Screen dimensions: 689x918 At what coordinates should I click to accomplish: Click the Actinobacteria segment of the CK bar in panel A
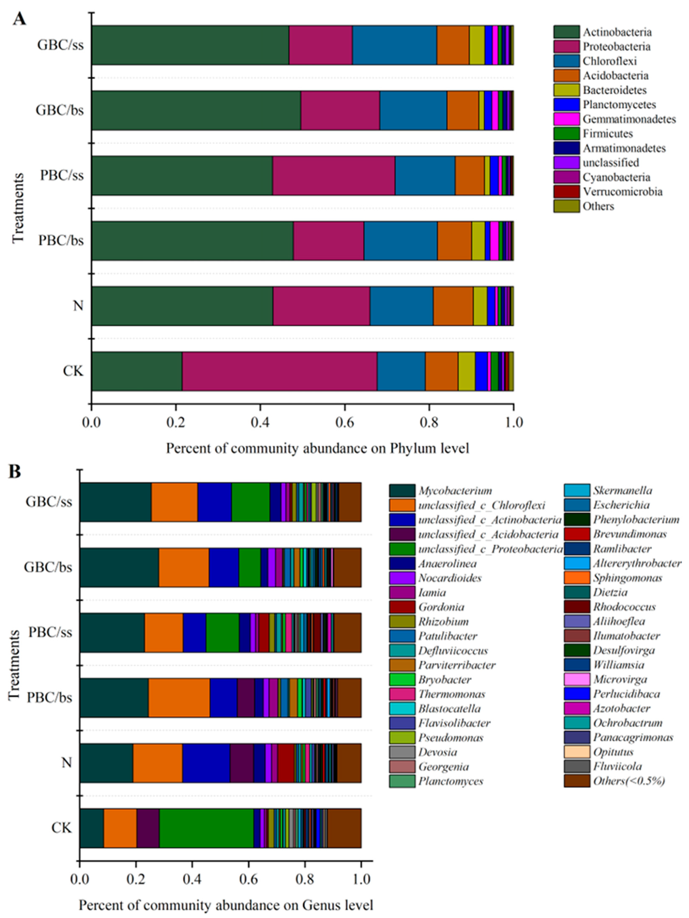click(x=137, y=371)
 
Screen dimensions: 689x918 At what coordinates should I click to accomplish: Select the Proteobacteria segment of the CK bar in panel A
click(x=280, y=371)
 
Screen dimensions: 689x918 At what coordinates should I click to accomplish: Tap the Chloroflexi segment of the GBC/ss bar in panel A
click(x=394, y=45)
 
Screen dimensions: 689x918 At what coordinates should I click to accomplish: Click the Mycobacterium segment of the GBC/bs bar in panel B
click(x=120, y=567)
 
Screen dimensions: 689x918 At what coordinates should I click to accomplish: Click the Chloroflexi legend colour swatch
click(x=566, y=61)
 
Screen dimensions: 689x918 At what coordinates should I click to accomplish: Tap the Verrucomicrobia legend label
click(x=622, y=192)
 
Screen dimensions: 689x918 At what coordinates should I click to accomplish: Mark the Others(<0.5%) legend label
click(x=629, y=781)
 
